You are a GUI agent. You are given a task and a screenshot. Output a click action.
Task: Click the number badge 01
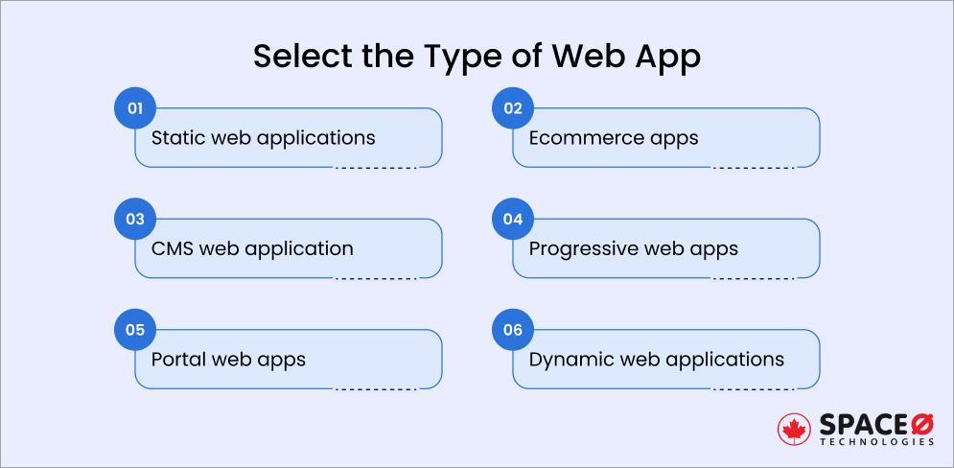(x=134, y=108)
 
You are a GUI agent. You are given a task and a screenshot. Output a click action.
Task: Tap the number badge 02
(x=512, y=108)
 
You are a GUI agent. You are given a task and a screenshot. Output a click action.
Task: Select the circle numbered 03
(x=134, y=220)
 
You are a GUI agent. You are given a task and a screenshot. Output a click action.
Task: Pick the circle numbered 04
(x=512, y=220)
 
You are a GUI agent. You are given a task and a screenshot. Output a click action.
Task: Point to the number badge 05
(x=134, y=331)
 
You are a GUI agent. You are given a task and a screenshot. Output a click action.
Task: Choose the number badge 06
(x=512, y=331)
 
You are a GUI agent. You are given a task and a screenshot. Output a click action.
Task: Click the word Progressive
(x=583, y=248)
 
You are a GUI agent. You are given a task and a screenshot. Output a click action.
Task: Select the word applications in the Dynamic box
(x=730, y=360)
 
